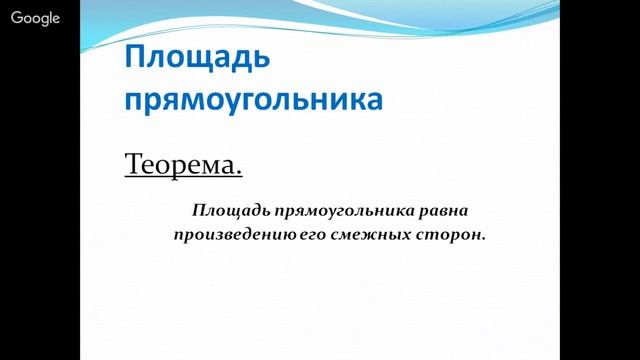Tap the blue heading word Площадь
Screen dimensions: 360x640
[196, 59]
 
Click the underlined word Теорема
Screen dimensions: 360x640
[183, 163]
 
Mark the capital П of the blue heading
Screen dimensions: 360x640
[136, 59]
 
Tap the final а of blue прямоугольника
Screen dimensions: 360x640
[374, 100]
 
